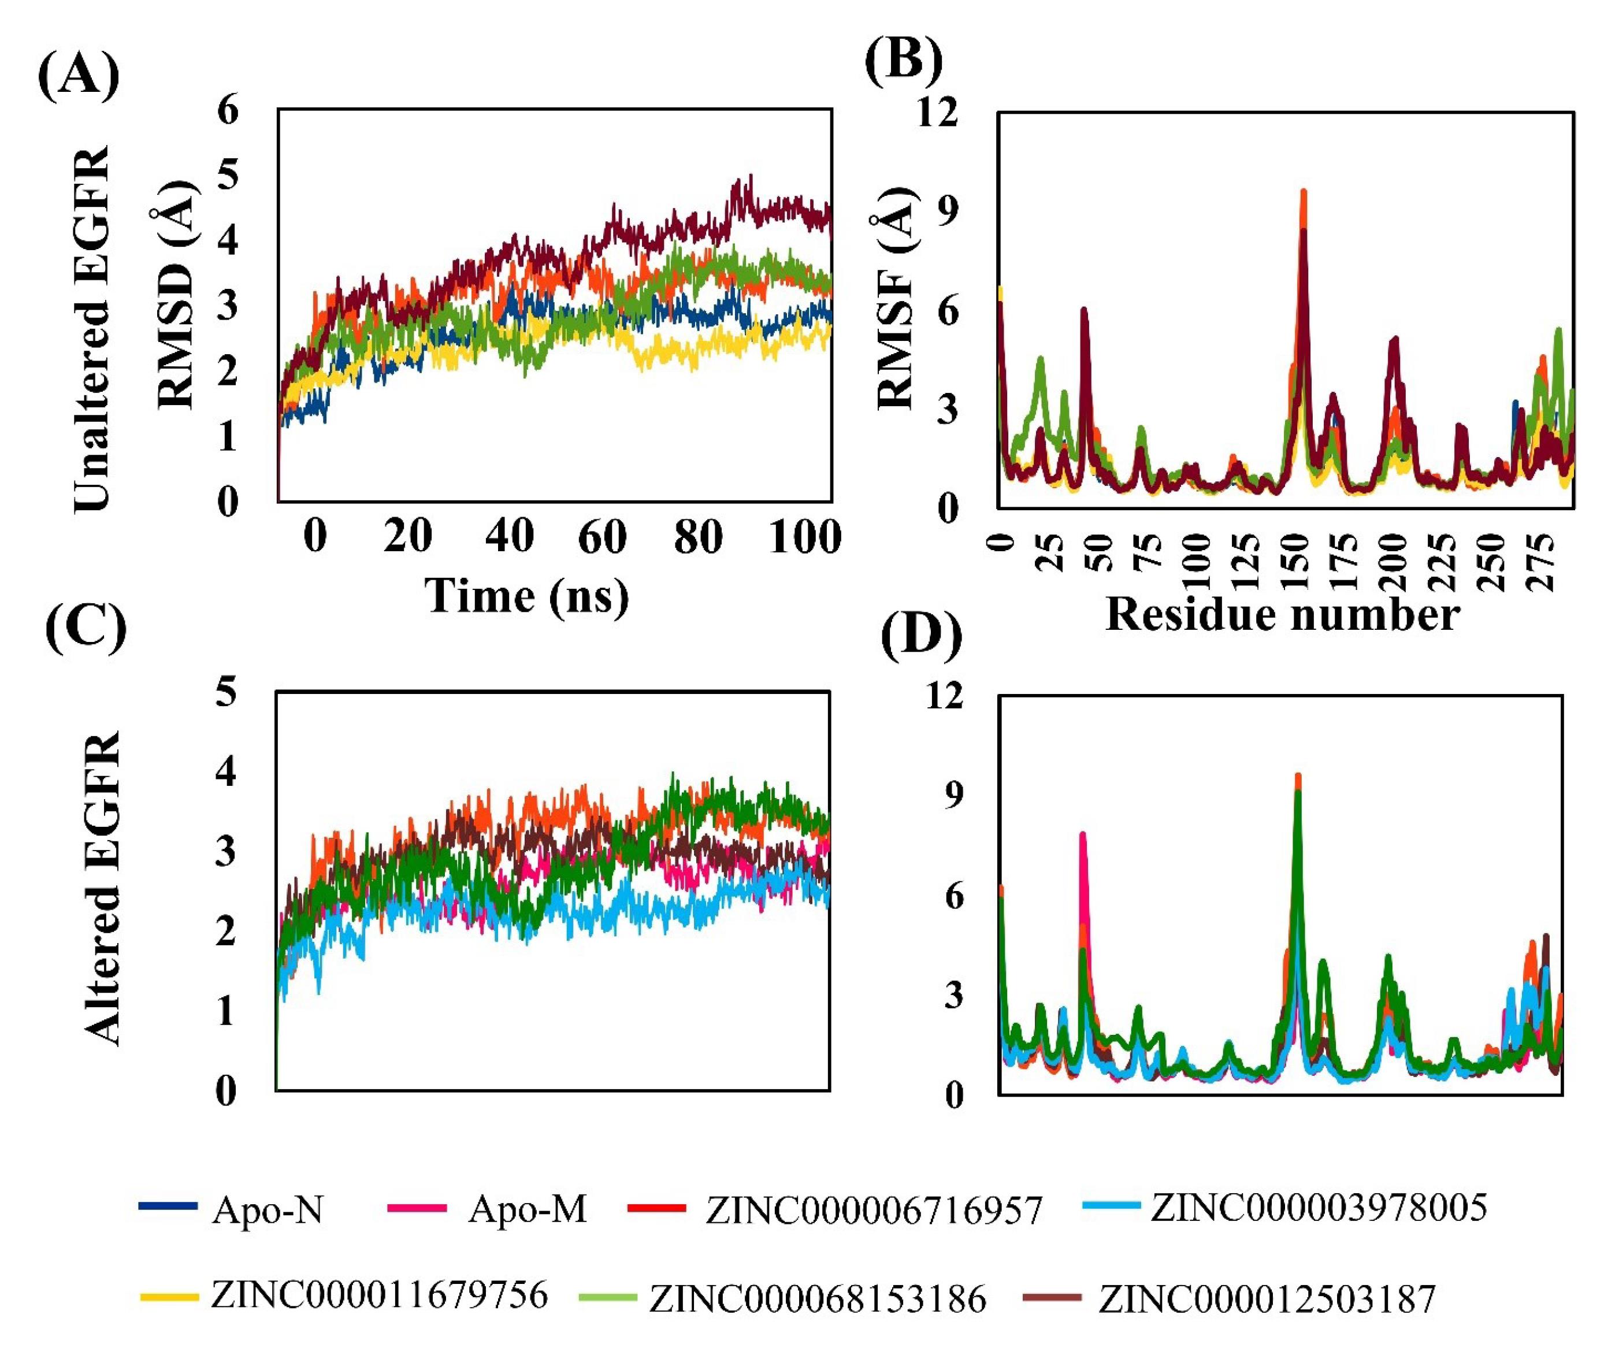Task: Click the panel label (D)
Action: pos(921,637)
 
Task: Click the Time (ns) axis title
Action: pos(527,596)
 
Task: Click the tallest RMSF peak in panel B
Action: pos(1303,192)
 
